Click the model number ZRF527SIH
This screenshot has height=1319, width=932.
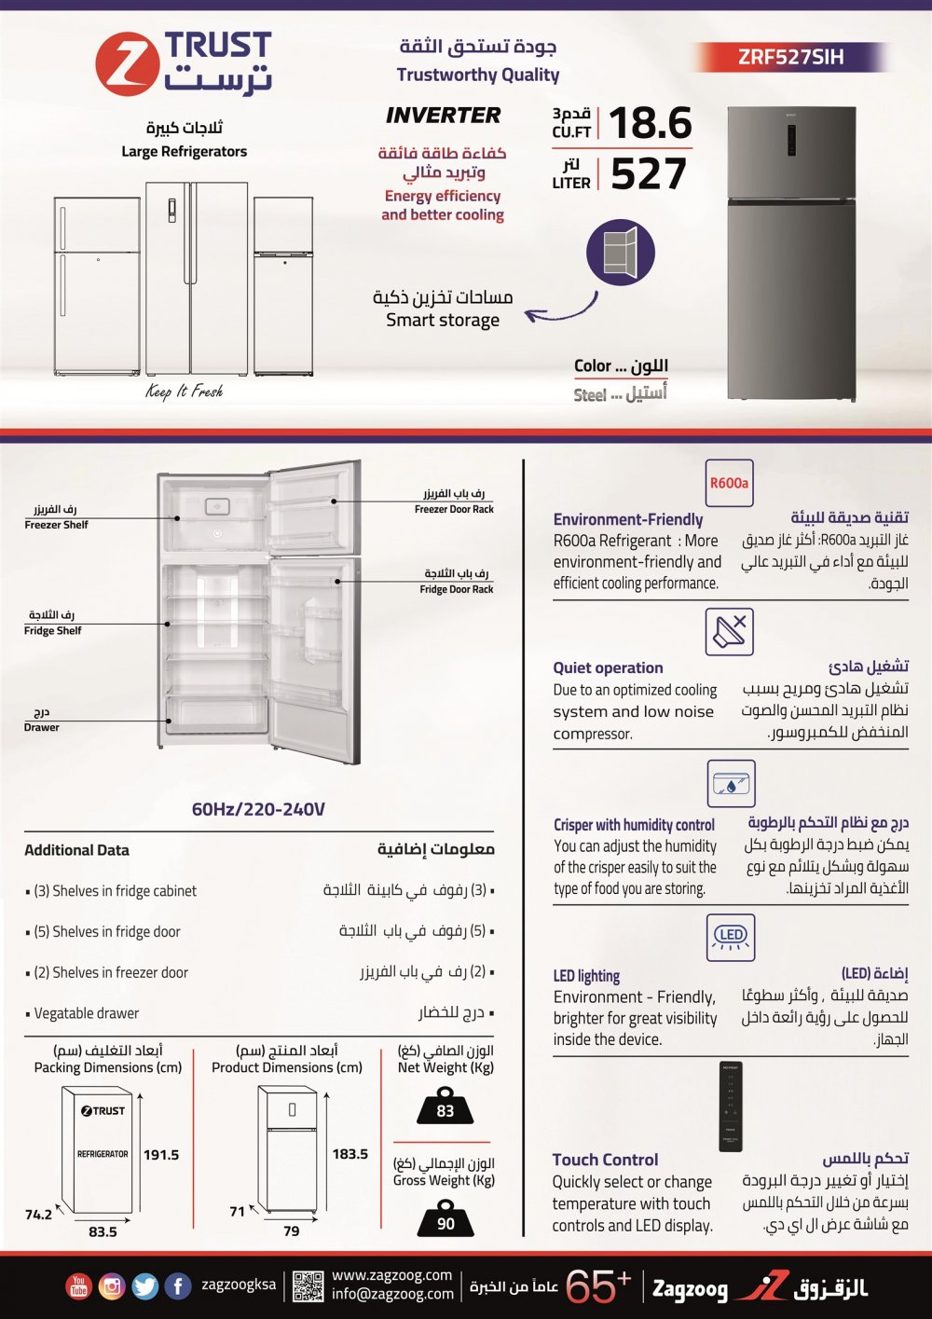[790, 57]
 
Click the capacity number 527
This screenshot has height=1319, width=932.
[649, 174]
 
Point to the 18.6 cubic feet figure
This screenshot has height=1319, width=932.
[651, 123]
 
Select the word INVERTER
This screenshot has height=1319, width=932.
[444, 116]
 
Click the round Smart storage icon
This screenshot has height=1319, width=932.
[621, 252]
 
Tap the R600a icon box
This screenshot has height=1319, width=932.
[729, 483]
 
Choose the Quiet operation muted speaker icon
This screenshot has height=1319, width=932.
[729, 632]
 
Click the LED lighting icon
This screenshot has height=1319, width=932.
[731, 936]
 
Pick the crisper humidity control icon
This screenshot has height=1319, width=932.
[731, 784]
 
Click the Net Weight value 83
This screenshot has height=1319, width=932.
[445, 1110]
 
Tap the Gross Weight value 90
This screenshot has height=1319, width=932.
[445, 1223]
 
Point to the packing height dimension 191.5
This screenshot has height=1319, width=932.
[161, 1155]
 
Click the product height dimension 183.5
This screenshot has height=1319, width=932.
[350, 1154]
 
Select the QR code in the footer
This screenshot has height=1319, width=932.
[308, 1286]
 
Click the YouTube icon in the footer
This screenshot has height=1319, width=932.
[78, 1286]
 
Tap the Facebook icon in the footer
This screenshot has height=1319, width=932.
[177, 1286]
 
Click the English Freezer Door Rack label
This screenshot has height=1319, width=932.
[454, 509]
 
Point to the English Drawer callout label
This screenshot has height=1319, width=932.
[42, 727]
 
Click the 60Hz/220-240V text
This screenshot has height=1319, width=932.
[258, 809]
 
